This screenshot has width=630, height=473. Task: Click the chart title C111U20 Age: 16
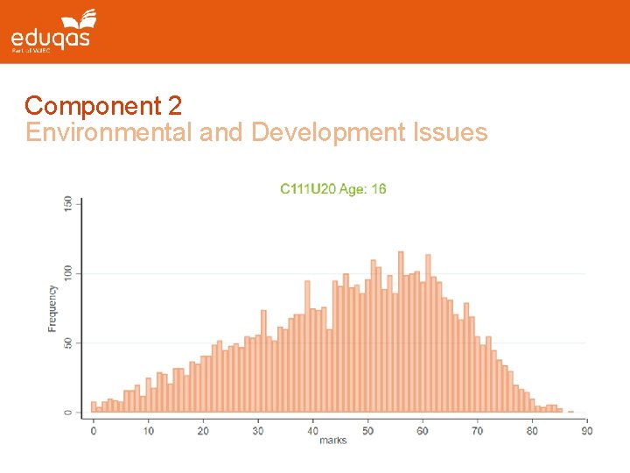coord(332,188)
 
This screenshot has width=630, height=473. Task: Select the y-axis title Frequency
coord(52,308)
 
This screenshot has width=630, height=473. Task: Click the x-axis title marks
coord(332,441)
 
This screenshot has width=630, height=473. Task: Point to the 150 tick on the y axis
coord(68,202)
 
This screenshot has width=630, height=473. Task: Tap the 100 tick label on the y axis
coord(68,272)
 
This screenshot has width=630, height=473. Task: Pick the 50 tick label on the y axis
coord(68,342)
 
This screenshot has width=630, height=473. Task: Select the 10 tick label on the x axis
coord(149,430)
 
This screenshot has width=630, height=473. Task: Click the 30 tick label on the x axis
coord(258,430)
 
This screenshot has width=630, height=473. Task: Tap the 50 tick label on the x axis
coord(367,430)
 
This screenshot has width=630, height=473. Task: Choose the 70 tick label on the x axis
coord(477,430)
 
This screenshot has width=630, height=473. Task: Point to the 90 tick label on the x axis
coord(586,430)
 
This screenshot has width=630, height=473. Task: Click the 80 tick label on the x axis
coord(532,430)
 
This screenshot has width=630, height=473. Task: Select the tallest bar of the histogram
coord(401,333)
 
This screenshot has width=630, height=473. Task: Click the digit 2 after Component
coord(174,106)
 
